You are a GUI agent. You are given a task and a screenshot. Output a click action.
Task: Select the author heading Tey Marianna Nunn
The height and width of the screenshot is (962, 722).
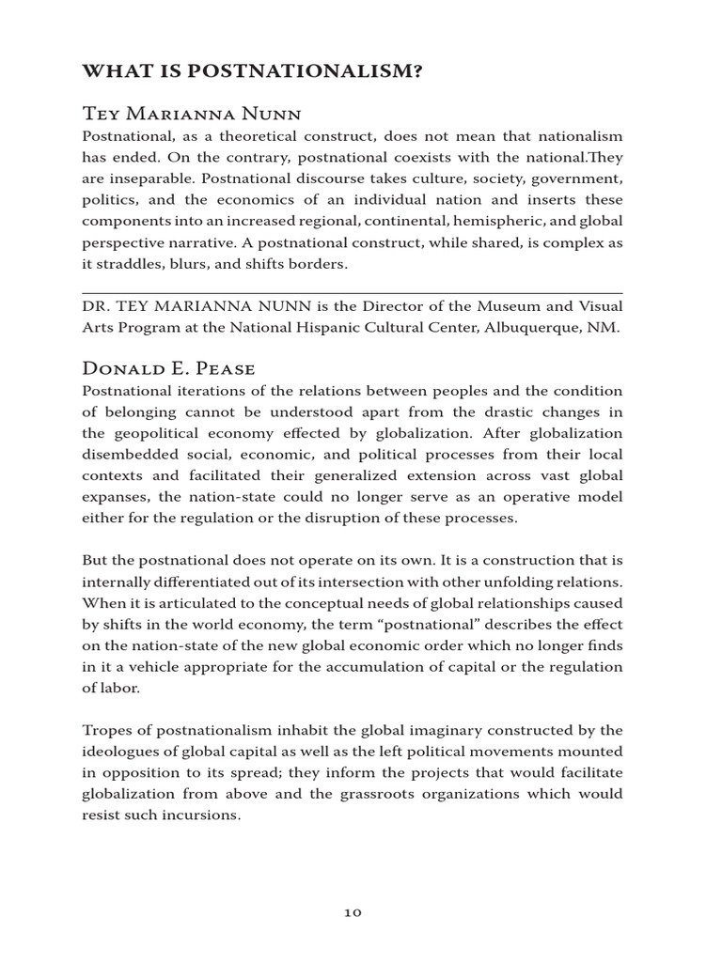pyautogui.click(x=193, y=114)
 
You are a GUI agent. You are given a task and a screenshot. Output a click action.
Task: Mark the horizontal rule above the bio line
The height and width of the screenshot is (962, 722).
pyautogui.click(x=353, y=293)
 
